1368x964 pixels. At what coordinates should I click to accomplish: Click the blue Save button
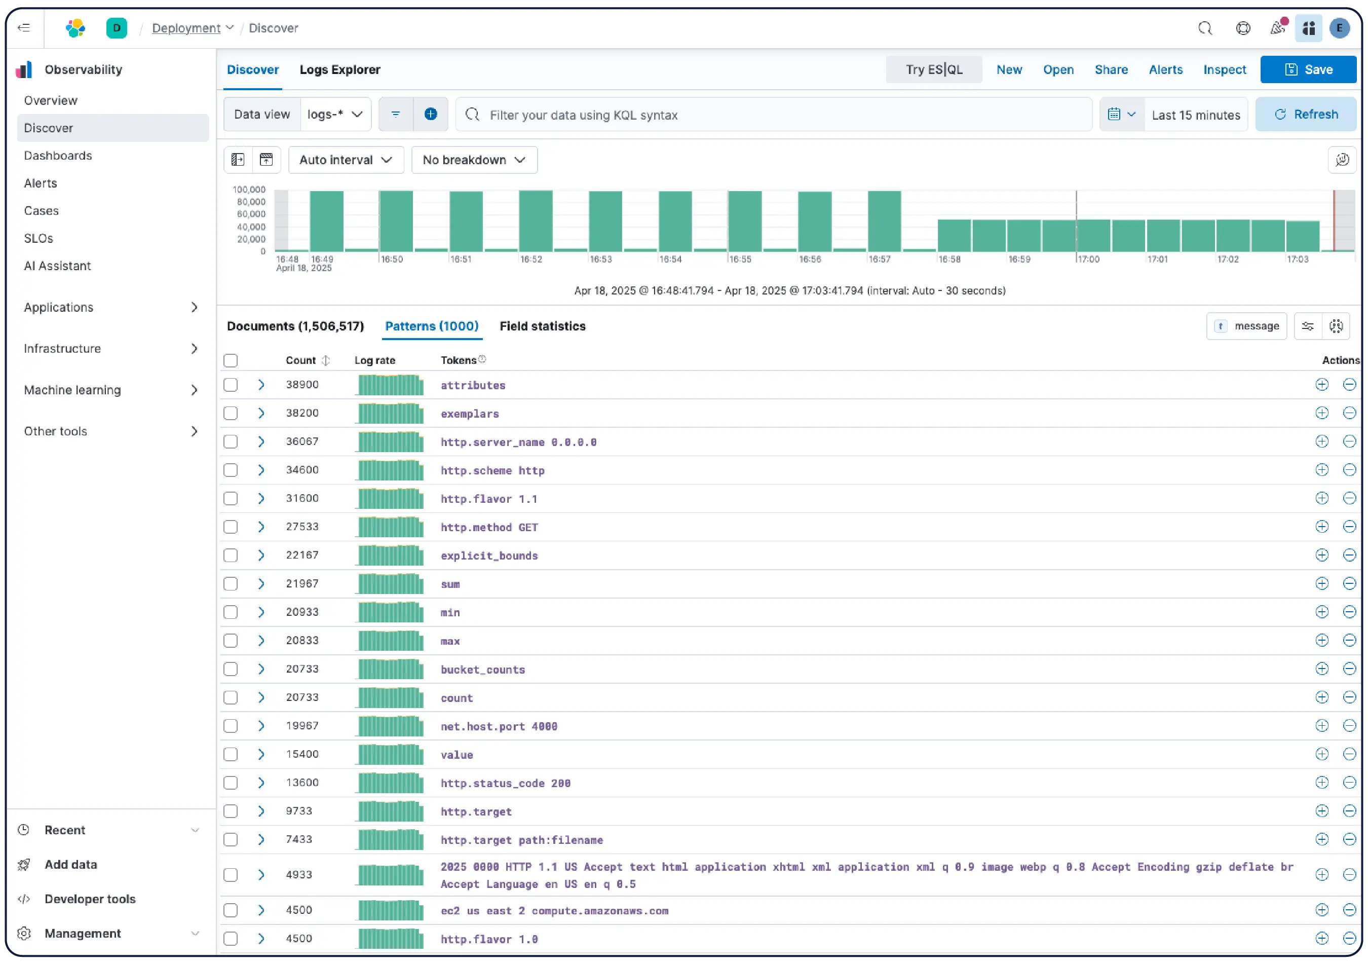point(1308,70)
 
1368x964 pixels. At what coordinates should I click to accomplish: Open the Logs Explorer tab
point(339,70)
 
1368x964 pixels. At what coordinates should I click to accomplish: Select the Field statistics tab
point(542,326)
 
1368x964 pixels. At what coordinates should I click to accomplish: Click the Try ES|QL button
point(934,70)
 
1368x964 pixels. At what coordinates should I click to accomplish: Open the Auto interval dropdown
point(346,160)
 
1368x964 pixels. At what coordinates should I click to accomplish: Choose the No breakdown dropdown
point(474,160)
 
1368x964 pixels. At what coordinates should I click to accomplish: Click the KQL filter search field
point(775,115)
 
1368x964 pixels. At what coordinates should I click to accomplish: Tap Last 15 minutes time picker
point(1195,115)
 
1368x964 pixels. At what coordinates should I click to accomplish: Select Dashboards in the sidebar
point(58,156)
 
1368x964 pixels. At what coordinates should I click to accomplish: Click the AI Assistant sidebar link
point(57,266)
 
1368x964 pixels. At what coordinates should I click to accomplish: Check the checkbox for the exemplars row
point(231,413)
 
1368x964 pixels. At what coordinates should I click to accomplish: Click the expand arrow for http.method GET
point(261,527)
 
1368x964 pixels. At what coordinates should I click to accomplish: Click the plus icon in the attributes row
point(1321,385)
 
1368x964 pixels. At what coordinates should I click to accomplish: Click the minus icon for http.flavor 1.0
point(1350,938)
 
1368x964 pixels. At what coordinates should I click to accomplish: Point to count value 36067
point(302,441)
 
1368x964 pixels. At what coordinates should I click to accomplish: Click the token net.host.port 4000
point(499,726)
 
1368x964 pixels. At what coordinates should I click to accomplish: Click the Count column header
point(301,360)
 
